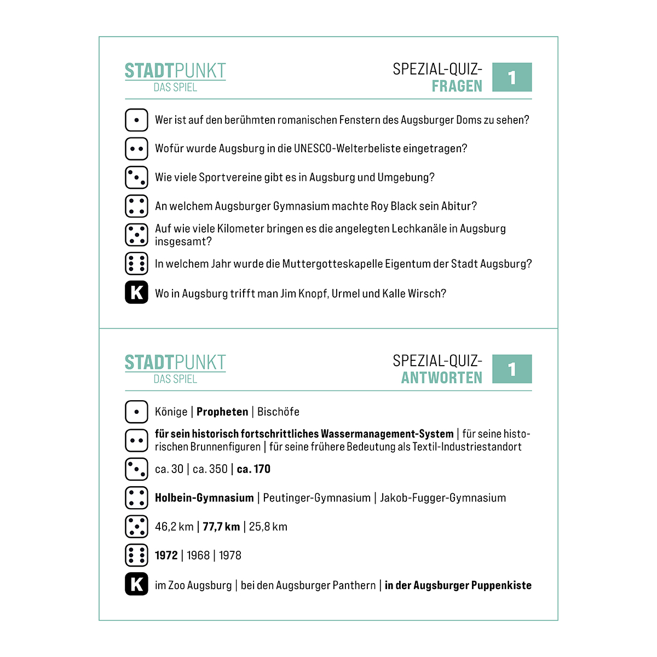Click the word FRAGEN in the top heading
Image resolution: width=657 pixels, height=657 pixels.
click(x=457, y=87)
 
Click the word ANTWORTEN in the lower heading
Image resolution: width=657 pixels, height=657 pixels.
click(x=441, y=378)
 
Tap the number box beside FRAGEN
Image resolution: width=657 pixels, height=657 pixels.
click(x=512, y=78)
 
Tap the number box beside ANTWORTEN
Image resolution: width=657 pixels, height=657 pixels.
click(x=512, y=370)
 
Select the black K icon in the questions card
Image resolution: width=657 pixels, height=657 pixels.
click(x=136, y=292)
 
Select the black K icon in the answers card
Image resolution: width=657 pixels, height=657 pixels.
click(x=136, y=584)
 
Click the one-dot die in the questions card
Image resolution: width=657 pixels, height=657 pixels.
click(x=136, y=120)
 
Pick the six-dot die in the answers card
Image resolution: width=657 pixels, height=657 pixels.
click(x=136, y=555)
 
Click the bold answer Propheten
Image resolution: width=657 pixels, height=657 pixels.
click(x=222, y=412)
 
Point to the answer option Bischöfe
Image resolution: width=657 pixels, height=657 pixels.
click(x=278, y=412)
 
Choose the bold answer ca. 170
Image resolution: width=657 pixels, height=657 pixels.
click(x=253, y=469)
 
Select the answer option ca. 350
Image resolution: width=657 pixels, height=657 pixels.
click(x=210, y=469)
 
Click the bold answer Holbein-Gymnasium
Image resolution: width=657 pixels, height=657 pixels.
click(x=204, y=498)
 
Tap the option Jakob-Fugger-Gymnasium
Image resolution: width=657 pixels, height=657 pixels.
click(x=443, y=498)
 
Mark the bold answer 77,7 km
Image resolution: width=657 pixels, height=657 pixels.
click(x=221, y=527)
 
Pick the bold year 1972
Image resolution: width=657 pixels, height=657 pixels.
click(x=166, y=555)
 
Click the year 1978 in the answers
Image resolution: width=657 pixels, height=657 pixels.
click(x=230, y=555)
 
